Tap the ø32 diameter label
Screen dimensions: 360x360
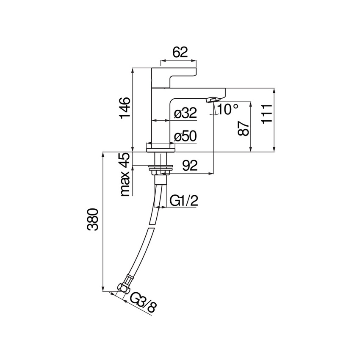tap(186, 114)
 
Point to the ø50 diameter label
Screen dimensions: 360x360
tap(186, 136)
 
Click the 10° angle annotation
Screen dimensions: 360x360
tap(228, 110)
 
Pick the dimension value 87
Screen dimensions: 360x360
tap(243, 126)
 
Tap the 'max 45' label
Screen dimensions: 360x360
tap(125, 175)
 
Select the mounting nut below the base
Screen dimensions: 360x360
tap(160, 172)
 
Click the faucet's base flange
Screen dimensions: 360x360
tap(160, 147)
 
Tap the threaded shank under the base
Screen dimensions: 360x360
tap(160, 160)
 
